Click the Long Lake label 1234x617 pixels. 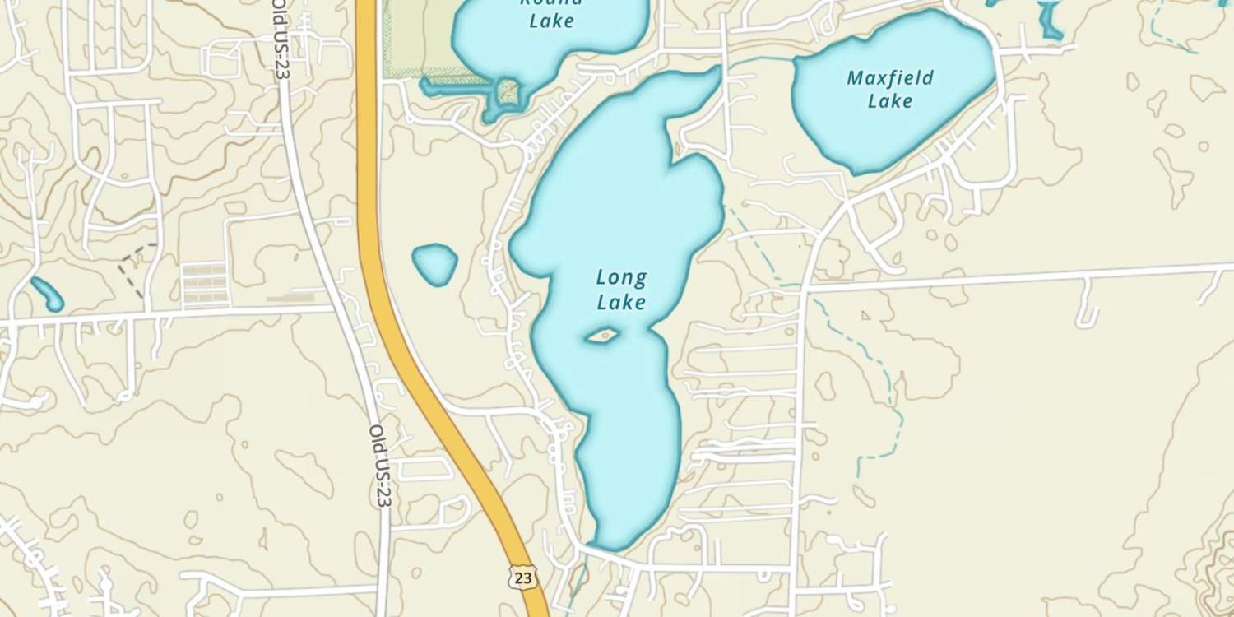point(621,290)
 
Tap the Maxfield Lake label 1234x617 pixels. point(890,90)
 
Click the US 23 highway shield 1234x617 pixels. point(522,578)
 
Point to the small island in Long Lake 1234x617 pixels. point(603,335)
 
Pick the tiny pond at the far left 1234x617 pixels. point(47,294)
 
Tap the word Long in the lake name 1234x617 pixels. point(621,278)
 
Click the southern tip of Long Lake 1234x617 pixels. point(613,543)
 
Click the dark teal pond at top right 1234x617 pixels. point(1050,20)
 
